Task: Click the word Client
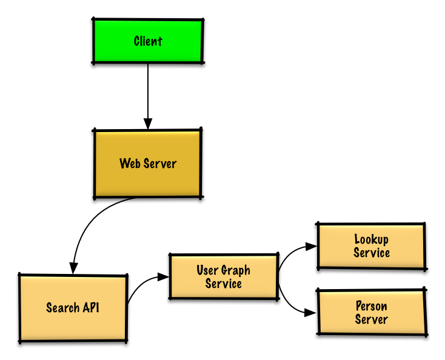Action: pyautogui.click(x=148, y=41)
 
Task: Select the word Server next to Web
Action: pyautogui.click(x=160, y=164)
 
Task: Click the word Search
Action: pyautogui.click(x=63, y=308)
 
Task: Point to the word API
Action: pyautogui.click(x=90, y=308)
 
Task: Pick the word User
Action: pyautogui.click(x=207, y=270)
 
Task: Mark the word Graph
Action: pyautogui.click(x=236, y=271)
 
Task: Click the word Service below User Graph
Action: pyautogui.click(x=224, y=284)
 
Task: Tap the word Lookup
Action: pyautogui.click(x=371, y=239)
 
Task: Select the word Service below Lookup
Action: pyautogui.click(x=371, y=253)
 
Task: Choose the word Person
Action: pyautogui.click(x=371, y=306)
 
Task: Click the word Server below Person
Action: pyautogui.click(x=371, y=319)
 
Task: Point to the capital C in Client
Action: pyautogui.click(x=138, y=41)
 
